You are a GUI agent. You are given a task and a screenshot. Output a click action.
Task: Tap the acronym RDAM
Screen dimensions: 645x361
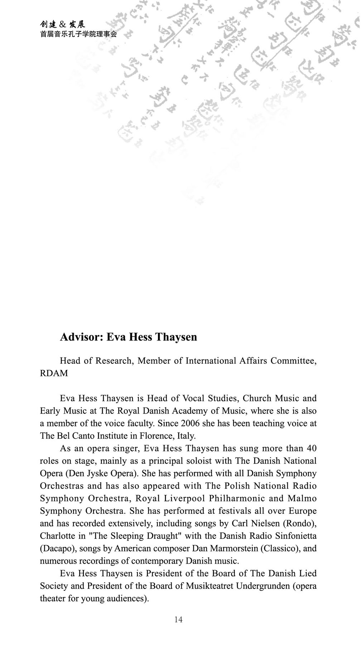(x=54, y=373)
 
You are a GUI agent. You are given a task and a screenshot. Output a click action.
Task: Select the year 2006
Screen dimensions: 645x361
(x=190, y=424)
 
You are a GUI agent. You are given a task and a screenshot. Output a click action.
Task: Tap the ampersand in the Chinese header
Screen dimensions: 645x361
(x=62, y=25)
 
